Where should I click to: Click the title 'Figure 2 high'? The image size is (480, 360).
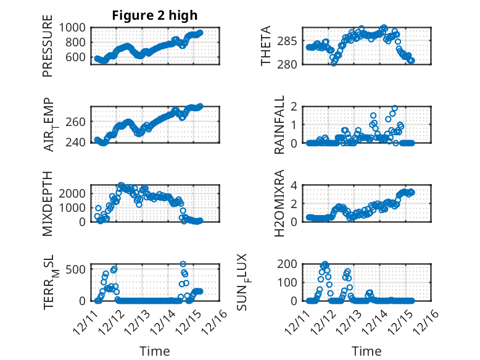click(155, 15)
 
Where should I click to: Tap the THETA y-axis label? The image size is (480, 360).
click(266, 46)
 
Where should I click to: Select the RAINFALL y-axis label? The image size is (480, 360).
click(279, 125)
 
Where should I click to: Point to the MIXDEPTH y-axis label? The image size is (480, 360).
click(48, 203)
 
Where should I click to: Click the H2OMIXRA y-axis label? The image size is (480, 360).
click(279, 203)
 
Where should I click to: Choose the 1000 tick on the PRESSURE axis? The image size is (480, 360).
click(74, 27)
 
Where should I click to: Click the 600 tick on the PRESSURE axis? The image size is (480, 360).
click(77, 57)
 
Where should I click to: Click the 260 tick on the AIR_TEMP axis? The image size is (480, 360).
click(77, 122)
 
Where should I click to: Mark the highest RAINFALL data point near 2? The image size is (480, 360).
click(394, 108)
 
